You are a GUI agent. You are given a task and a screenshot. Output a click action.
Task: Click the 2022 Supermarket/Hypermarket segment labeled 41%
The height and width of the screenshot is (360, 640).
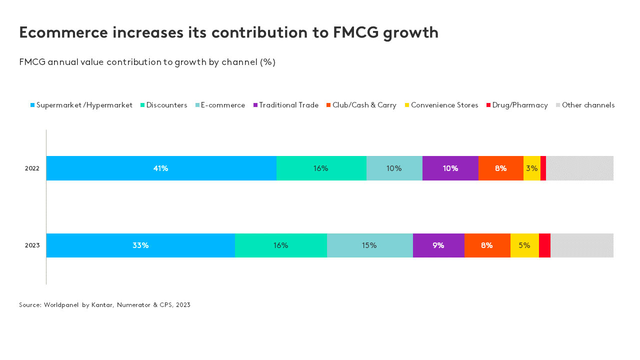pos(161,168)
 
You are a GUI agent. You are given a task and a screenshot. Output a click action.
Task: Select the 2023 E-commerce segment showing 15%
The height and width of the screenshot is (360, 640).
pos(369,245)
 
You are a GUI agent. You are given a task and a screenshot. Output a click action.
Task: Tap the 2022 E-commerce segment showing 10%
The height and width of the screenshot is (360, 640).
pos(394,168)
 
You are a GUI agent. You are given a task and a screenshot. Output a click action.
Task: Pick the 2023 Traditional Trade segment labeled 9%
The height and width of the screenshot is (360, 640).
pos(438,245)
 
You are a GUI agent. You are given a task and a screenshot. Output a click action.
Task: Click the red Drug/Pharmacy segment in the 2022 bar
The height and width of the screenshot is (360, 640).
pos(543,168)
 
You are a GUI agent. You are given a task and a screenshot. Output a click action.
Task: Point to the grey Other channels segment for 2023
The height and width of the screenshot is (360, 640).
pos(582,245)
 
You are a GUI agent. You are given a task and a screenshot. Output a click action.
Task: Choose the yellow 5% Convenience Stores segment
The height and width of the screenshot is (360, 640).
pos(524,245)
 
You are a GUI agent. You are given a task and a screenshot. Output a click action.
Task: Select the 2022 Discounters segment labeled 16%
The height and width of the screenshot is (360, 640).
pos(321,168)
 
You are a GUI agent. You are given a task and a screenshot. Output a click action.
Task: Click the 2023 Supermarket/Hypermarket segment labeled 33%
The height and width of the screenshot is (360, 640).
pos(140,245)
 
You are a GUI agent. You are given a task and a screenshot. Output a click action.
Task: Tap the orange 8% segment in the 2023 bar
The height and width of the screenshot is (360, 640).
pos(487,245)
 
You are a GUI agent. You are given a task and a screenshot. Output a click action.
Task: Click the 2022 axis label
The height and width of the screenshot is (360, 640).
pos(32,168)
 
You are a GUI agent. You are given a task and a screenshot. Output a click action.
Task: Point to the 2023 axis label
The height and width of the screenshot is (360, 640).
pos(32,245)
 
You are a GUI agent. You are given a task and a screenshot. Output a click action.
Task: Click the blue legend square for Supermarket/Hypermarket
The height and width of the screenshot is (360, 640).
pos(32,105)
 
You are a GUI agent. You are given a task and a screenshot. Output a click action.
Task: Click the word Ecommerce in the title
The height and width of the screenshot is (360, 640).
pos(63,32)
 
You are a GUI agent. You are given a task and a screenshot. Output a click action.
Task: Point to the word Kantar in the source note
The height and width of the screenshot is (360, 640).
pos(102,305)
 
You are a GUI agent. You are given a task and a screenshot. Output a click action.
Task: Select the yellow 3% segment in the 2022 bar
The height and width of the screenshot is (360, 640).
pos(531,168)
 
